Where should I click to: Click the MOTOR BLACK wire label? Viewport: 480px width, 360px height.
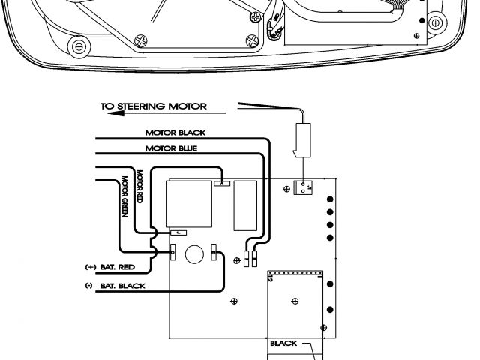tap(175, 133)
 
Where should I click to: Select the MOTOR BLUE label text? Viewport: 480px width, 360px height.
tap(172, 148)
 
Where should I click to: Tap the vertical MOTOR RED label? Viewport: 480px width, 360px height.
tap(140, 193)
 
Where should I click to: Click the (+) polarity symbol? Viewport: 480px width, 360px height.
tap(89, 266)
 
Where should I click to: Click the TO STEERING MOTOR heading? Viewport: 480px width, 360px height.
tap(154, 106)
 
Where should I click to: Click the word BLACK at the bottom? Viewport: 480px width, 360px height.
tap(284, 343)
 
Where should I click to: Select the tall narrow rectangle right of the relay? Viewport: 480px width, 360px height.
tap(243, 205)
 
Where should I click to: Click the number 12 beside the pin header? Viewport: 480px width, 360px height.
tap(269, 279)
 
